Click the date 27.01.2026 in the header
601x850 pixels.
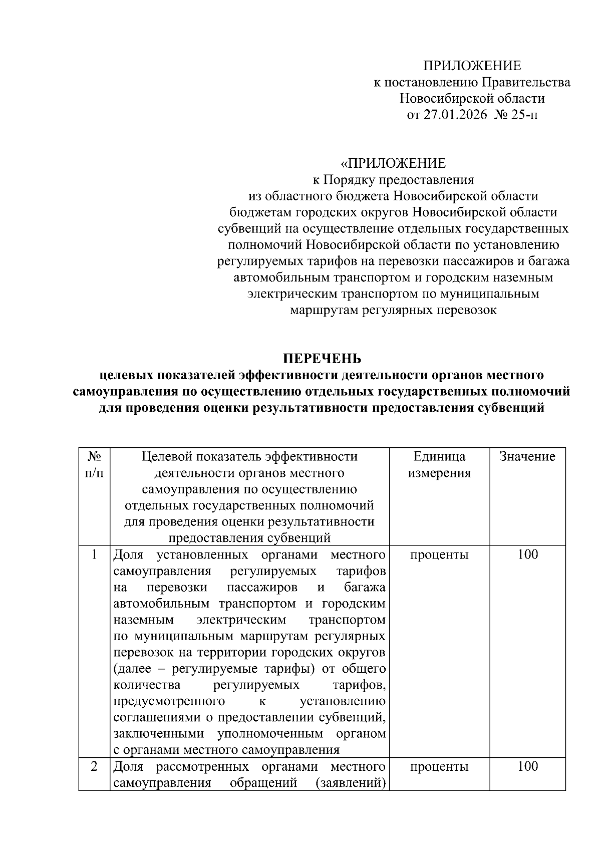(455, 115)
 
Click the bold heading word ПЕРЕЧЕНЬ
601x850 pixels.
(322, 359)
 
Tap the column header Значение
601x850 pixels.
(527, 456)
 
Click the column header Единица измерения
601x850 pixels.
(439, 464)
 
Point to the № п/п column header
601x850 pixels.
(95, 464)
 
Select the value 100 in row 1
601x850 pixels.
(527, 554)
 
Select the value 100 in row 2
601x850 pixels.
(527, 766)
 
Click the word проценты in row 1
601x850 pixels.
(439, 554)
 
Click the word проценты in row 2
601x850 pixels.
(439, 766)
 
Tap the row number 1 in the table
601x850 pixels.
(94, 554)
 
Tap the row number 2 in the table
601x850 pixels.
(94, 766)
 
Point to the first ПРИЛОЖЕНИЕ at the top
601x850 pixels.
(472, 66)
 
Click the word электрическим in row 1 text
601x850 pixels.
(241, 620)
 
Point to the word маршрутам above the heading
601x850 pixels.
(321, 310)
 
